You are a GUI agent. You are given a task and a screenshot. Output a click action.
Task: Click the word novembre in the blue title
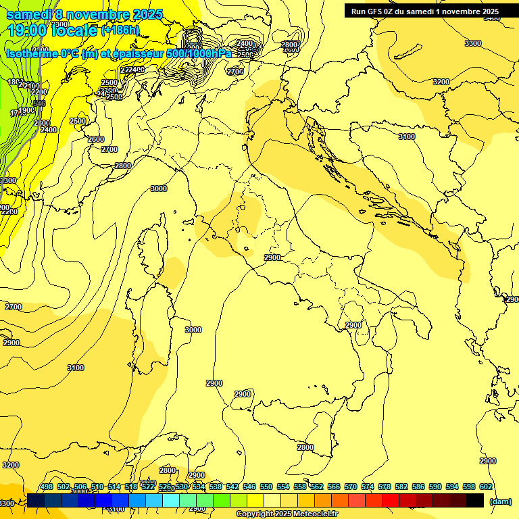click(96, 14)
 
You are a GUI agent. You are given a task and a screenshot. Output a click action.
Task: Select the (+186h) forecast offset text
click(120, 30)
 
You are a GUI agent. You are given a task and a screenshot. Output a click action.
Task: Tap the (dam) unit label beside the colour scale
click(500, 501)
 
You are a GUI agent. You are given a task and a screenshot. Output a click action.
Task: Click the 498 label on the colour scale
click(47, 487)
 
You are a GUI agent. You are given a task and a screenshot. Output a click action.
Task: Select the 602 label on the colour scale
click(486, 487)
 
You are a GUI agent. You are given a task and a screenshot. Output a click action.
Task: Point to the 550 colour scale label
click(266, 487)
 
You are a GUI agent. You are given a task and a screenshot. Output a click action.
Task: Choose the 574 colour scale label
click(368, 487)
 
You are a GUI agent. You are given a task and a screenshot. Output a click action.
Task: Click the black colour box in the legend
click(475, 500)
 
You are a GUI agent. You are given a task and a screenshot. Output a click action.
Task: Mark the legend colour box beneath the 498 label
click(36, 500)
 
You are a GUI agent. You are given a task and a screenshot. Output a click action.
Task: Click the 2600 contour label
click(96, 139)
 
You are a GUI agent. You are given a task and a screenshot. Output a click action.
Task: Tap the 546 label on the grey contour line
click(39, 103)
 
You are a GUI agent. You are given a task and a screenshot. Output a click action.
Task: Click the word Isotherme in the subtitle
click(32, 53)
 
